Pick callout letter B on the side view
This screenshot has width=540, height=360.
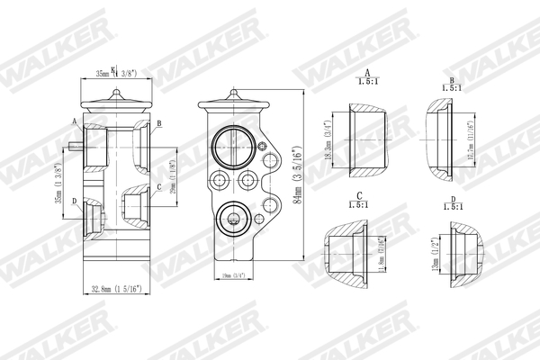coord(158,122)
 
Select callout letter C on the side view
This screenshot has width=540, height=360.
coord(158,187)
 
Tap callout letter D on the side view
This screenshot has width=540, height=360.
coord(74,200)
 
